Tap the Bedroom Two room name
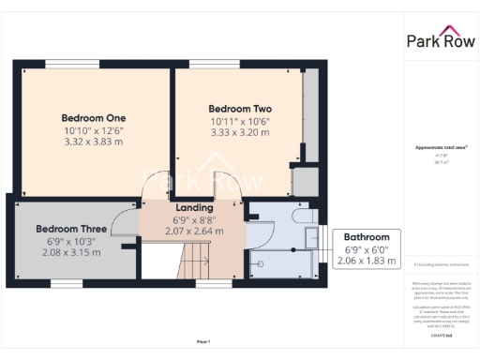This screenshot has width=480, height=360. [238, 109]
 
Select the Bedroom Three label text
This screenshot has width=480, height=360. [71, 229]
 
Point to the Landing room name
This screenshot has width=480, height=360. [194, 207]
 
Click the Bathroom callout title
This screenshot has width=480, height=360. [366, 236]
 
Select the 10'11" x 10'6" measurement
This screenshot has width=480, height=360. [238, 121]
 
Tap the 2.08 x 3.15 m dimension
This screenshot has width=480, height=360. [71, 252]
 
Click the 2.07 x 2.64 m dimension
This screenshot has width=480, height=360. [194, 230]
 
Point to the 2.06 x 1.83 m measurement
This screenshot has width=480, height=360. [366, 260]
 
